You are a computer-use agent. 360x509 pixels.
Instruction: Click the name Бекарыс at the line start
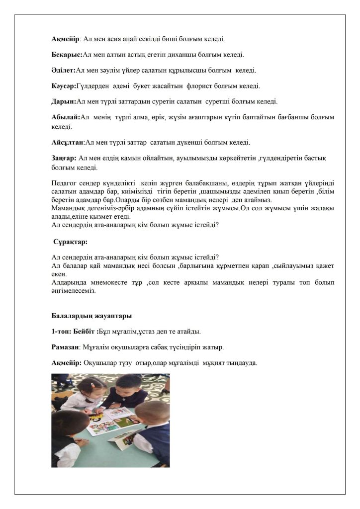pyautogui.click(x=67, y=54)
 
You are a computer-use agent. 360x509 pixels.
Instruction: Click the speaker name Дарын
pyautogui.click(x=64, y=102)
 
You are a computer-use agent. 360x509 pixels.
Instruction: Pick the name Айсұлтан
pyautogui.click(x=68, y=142)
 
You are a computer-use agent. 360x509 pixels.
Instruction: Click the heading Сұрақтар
pyautogui.click(x=71, y=242)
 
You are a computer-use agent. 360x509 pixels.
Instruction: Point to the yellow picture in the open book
pyautogui.click(x=99, y=413)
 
